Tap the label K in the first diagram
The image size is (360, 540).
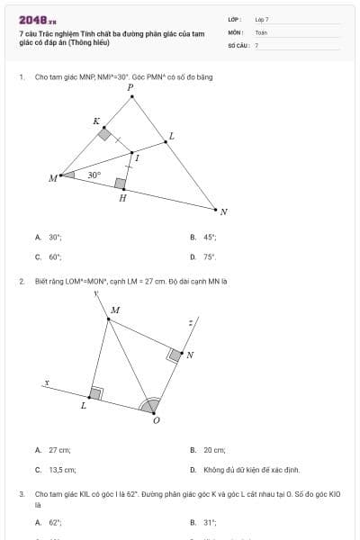97,121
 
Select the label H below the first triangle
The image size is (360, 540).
122,197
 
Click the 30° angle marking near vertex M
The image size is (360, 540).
94,175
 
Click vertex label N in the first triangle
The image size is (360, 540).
224,212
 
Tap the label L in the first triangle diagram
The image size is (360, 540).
172,135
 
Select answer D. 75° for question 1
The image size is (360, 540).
204,256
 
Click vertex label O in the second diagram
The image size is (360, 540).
156,419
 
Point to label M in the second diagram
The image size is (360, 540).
114,310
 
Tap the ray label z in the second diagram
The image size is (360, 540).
190,322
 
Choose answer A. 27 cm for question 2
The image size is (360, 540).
54,449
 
